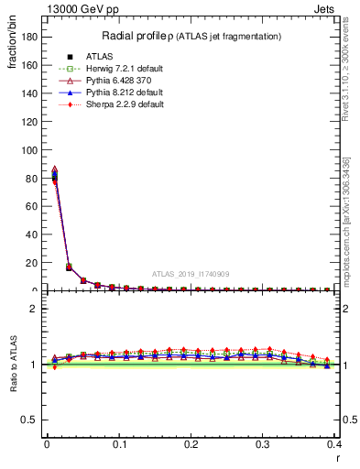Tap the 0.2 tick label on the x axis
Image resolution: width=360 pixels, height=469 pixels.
(191, 445)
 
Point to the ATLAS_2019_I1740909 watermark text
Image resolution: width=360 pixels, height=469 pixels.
(191, 274)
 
